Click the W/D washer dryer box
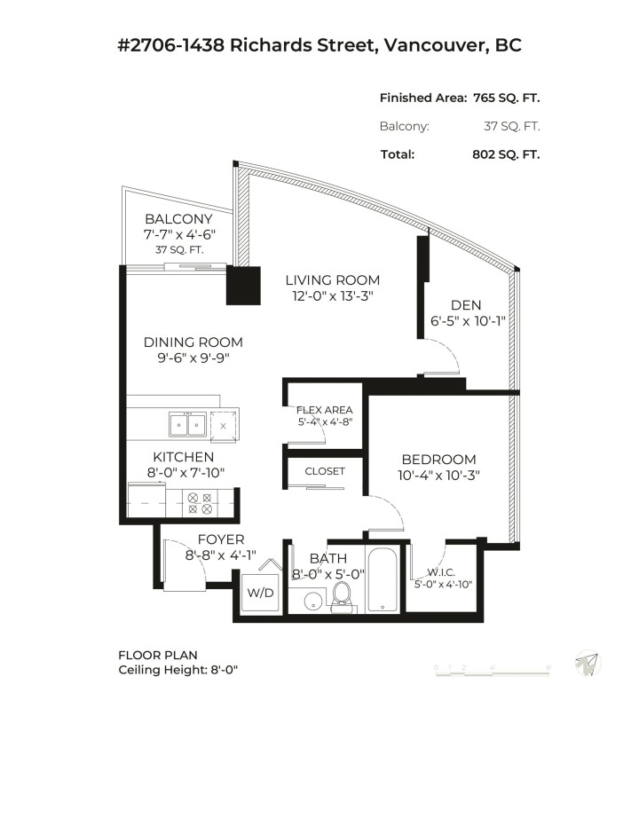pyautogui.click(x=259, y=592)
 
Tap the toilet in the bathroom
pyautogui.click(x=342, y=598)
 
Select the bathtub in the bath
pyautogui.click(x=384, y=581)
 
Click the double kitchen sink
pyautogui.click(x=188, y=426)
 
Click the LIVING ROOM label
pyautogui.click(x=332, y=280)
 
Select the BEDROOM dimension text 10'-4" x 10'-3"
pyautogui.click(x=438, y=475)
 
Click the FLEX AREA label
pyautogui.click(x=324, y=410)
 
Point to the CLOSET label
pyautogui.click(x=324, y=471)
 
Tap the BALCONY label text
pyautogui.click(x=179, y=219)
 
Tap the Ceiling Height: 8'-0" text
pyautogui.click(x=178, y=670)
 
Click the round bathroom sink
pyautogui.click(x=312, y=602)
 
